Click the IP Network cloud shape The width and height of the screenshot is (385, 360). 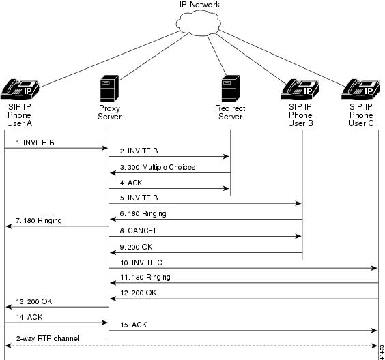pos(198,22)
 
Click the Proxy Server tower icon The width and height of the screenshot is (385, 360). pos(109,88)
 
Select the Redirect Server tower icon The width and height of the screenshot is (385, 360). pos(231,88)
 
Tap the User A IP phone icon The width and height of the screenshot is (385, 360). pos(20,89)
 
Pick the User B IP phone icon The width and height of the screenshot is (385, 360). pos(300,89)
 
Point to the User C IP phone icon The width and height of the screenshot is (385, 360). pos(360,89)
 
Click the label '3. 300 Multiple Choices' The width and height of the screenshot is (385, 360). pos(158,167)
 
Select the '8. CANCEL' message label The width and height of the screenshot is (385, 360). pos(139,230)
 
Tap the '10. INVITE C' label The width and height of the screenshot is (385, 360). pos(141,262)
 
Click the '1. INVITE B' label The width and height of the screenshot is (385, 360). pos(35,142)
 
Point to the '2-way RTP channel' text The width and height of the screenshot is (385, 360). pos(47,338)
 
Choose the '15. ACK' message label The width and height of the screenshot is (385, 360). pos(133,325)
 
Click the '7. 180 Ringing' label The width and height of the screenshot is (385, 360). pos(39,220)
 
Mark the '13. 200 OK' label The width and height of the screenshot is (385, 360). pos(34,301)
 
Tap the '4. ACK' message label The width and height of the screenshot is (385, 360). pos(131,183)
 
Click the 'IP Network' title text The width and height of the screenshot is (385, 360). pos(199,5)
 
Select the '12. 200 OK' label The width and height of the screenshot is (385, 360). pos(139,292)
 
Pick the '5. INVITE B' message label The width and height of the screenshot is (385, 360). pos(139,198)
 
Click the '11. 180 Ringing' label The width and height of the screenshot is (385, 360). pos(145,277)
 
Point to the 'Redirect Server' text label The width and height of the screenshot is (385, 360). pos(230,112)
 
